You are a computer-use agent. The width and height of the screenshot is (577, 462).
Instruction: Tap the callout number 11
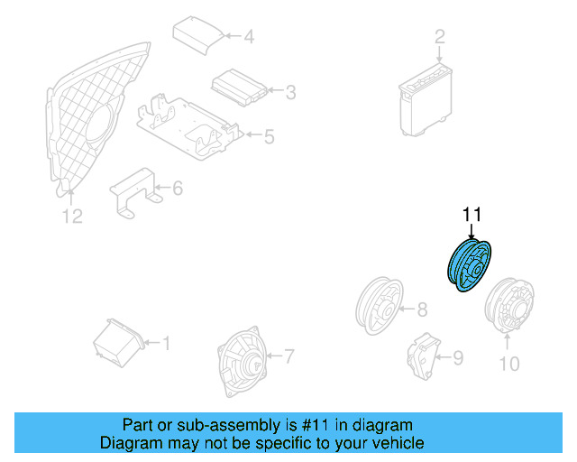point(472,215)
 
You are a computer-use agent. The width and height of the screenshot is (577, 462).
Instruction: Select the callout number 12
point(71,216)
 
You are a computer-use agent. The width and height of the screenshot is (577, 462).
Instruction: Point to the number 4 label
point(249,37)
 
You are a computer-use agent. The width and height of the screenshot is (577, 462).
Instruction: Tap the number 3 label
point(290,91)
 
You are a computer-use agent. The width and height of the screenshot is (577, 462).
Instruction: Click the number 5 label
point(269,137)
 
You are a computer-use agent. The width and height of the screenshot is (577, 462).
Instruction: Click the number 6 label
point(177,189)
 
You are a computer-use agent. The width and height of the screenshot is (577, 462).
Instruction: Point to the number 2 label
point(440,37)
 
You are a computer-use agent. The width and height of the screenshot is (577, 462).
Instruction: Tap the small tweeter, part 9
point(419,355)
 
